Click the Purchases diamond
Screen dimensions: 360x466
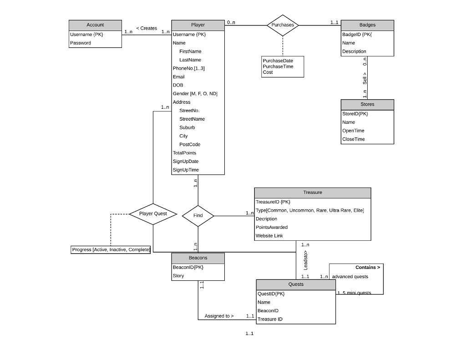pos(283,25)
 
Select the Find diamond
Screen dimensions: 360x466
pos(198,216)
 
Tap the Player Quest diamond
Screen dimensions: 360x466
pos(153,213)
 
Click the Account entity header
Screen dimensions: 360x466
pos(95,25)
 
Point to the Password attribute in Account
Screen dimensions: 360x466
pos(81,43)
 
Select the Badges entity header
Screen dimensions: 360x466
pos(367,25)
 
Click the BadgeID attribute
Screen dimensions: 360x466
pos(357,34)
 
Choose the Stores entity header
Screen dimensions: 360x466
pos(367,104)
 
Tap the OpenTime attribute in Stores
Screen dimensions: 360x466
pos(353,131)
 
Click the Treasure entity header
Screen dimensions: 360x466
pos(313,193)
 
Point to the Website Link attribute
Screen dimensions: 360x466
pos(269,236)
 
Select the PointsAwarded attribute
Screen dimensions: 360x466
pos(272,227)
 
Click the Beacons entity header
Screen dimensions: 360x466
pos(198,258)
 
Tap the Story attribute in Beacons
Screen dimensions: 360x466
pos(178,276)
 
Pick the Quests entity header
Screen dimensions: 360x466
pos(296,284)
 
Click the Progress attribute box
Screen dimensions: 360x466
pos(111,249)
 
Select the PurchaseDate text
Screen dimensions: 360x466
pos(278,61)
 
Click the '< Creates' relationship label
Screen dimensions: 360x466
pos(146,28)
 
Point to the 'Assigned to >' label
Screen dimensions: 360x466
pos(219,316)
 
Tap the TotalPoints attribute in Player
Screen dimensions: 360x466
pos(184,153)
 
